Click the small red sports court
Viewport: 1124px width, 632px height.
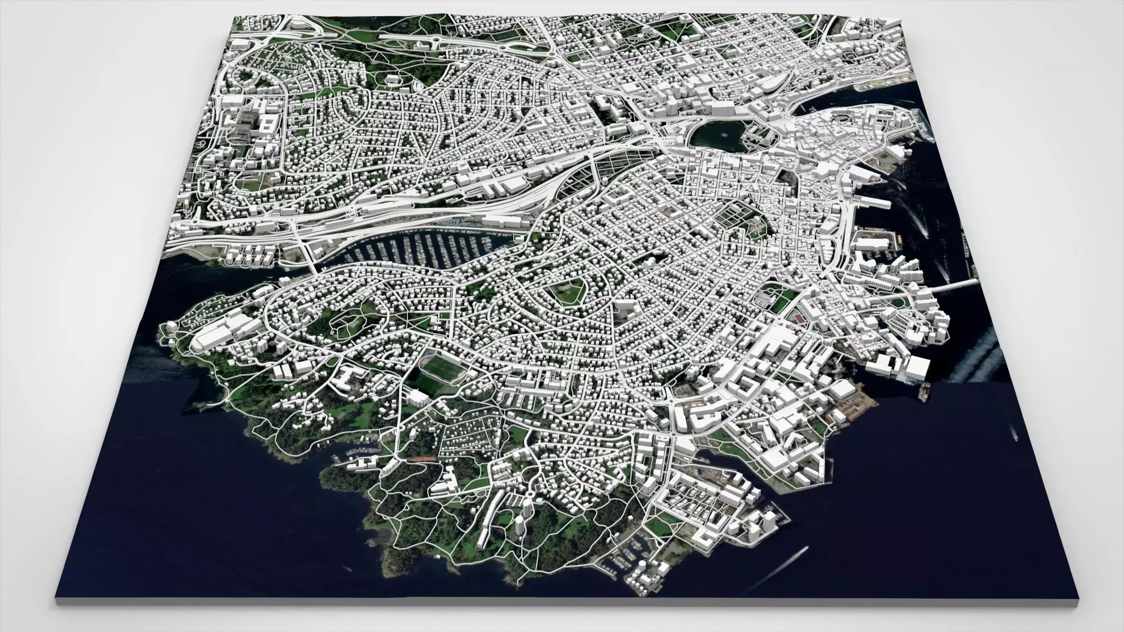[x=796, y=318]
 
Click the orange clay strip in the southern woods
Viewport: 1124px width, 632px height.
[x=424, y=459]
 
